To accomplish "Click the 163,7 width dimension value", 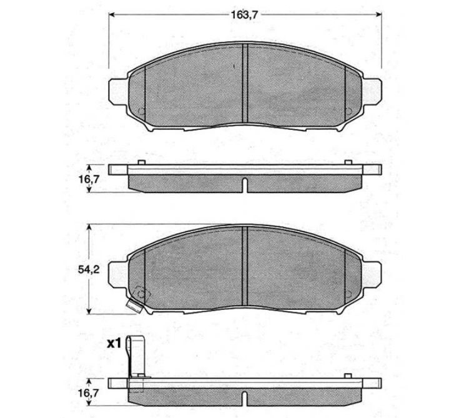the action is [x=244, y=15].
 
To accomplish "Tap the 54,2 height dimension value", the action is [x=89, y=270].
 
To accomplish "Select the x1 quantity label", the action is [x=114, y=344].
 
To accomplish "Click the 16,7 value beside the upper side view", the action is [x=89, y=180].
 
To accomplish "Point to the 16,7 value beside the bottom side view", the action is [x=89, y=393].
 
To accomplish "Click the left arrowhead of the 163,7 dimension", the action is [x=112, y=14].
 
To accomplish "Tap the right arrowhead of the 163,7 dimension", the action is [x=378, y=14].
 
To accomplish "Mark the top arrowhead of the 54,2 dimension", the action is [x=89, y=227].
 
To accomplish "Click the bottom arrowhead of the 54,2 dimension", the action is [x=89, y=311].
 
